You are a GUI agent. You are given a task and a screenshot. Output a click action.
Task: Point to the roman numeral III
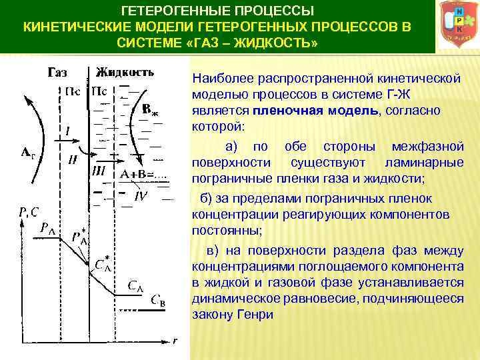98,171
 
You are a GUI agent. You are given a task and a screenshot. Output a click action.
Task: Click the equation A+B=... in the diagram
146,174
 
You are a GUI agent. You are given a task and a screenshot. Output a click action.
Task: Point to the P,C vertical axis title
28,212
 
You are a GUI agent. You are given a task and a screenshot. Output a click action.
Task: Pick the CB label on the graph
158,299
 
